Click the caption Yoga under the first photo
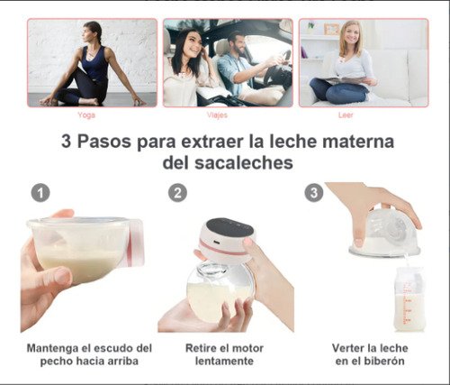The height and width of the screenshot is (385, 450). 86,115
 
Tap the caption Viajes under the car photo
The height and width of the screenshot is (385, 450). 217,115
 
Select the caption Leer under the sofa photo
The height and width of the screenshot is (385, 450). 346,115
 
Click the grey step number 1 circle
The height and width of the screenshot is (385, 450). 40,193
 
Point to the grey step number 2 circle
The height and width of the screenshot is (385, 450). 177,193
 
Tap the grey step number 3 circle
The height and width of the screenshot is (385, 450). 314,193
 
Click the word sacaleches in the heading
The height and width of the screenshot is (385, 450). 244,163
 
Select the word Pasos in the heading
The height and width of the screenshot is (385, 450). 104,142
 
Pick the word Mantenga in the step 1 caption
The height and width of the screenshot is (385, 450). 52,349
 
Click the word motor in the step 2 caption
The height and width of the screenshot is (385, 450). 247,348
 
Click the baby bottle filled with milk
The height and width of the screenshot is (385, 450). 409,299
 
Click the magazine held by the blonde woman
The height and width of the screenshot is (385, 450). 345,80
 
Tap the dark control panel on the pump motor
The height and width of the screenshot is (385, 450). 230,227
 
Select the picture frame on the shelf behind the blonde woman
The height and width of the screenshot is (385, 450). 332,29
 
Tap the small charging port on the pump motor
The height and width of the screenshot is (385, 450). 217,242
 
